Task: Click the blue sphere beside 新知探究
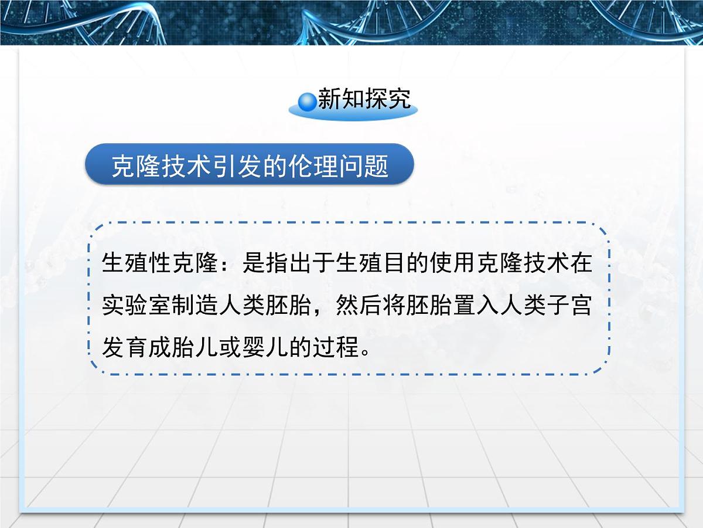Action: [x=306, y=101]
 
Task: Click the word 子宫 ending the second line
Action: [x=569, y=306]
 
